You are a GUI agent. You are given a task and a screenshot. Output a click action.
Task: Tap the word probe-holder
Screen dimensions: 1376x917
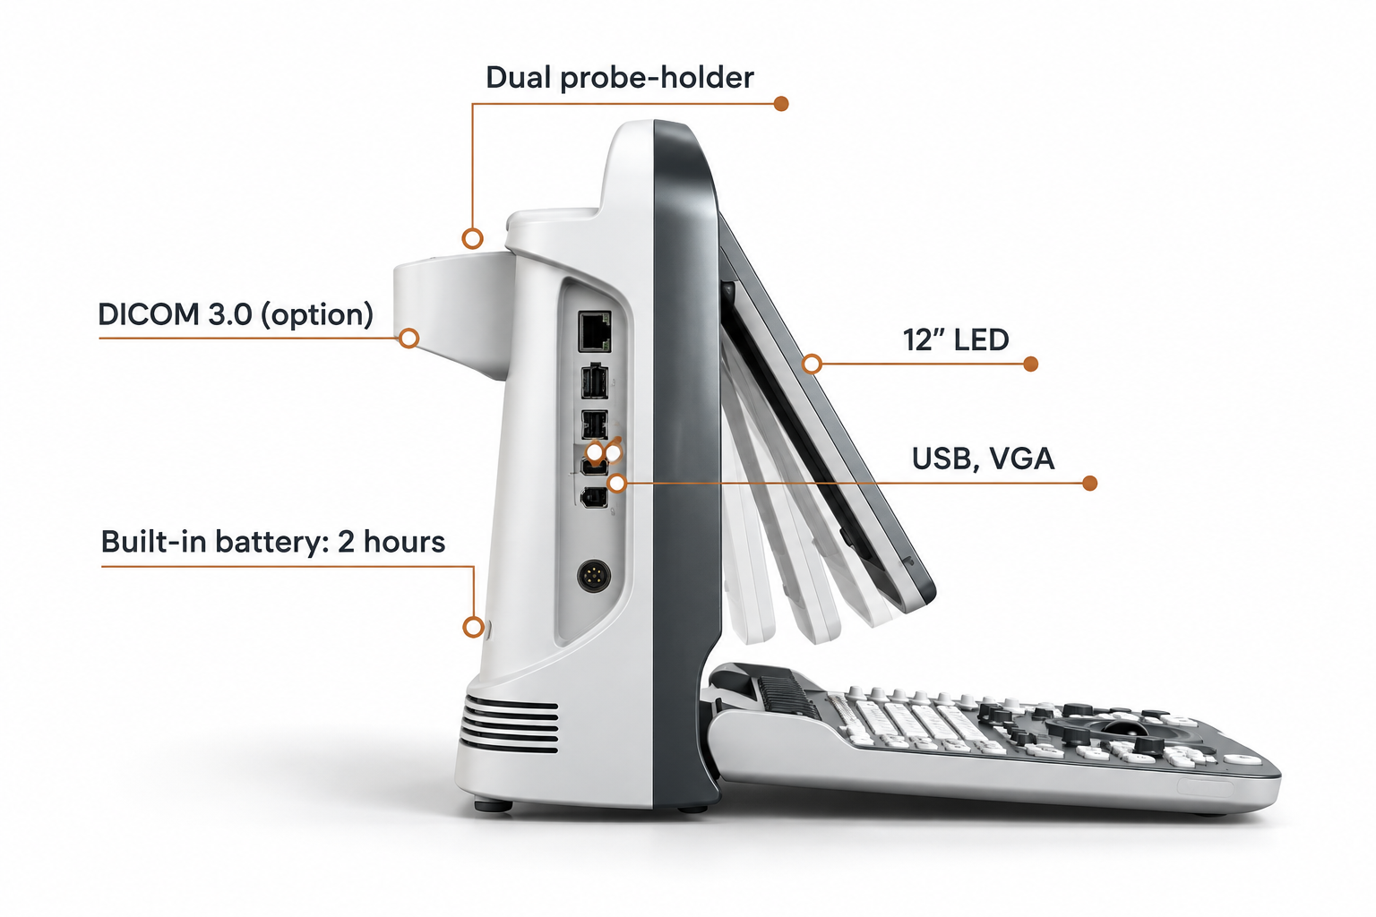click(657, 79)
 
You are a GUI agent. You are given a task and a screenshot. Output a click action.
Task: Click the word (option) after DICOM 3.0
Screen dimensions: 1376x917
click(317, 315)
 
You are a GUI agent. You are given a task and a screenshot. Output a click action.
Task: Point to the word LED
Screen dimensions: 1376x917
click(982, 340)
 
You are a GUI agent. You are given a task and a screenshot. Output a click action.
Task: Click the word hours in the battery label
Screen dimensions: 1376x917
click(404, 542)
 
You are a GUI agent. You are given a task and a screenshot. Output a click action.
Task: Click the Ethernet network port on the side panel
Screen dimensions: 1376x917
click(594, 331)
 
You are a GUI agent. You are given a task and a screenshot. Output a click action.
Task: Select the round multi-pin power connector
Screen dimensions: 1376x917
click(593, 576)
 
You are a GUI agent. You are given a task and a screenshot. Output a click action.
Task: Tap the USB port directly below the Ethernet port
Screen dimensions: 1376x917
click(594, 381)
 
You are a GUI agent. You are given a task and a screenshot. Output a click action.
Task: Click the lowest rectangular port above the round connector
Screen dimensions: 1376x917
click(594, 498)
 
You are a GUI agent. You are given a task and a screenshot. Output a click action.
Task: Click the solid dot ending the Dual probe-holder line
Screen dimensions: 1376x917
click(781, 104)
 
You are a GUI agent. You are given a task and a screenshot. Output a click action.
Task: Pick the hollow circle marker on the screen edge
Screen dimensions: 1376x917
click(812, 364)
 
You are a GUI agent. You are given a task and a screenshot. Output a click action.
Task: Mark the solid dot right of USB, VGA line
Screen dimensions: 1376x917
click(1089, 484)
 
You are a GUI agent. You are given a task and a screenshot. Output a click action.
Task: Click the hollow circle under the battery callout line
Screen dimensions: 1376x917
click(473, 627)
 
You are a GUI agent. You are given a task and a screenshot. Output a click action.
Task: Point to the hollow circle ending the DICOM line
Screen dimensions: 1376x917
click(409, 339)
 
